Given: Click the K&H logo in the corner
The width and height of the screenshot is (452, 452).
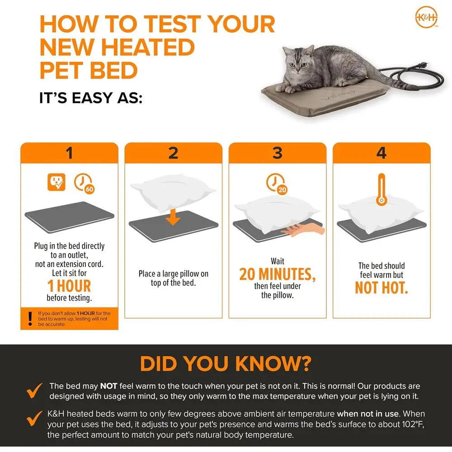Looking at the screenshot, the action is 426,17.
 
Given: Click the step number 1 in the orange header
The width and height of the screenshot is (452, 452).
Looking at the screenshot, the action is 69,153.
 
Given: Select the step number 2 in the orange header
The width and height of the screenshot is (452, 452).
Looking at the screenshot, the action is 173,153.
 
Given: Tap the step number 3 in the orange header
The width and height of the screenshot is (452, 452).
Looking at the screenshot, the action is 278,153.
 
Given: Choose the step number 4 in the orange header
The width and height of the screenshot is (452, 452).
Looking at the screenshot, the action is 381,153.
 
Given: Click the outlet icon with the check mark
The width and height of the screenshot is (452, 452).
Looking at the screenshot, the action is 56,182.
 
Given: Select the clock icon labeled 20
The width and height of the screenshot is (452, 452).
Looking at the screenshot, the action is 277,184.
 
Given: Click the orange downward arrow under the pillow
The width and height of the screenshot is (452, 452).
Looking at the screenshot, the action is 173,217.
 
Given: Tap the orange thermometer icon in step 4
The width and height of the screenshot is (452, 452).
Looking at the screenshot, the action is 381,189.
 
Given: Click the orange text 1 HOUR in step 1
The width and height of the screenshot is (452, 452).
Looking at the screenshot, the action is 69,286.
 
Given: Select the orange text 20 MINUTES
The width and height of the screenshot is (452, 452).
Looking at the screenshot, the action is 278,274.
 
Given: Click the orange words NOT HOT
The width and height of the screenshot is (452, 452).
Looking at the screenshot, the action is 381,287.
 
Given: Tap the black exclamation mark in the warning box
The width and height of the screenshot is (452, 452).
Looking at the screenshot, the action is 30,319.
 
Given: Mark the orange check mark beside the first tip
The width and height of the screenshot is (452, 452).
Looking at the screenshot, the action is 34,391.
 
